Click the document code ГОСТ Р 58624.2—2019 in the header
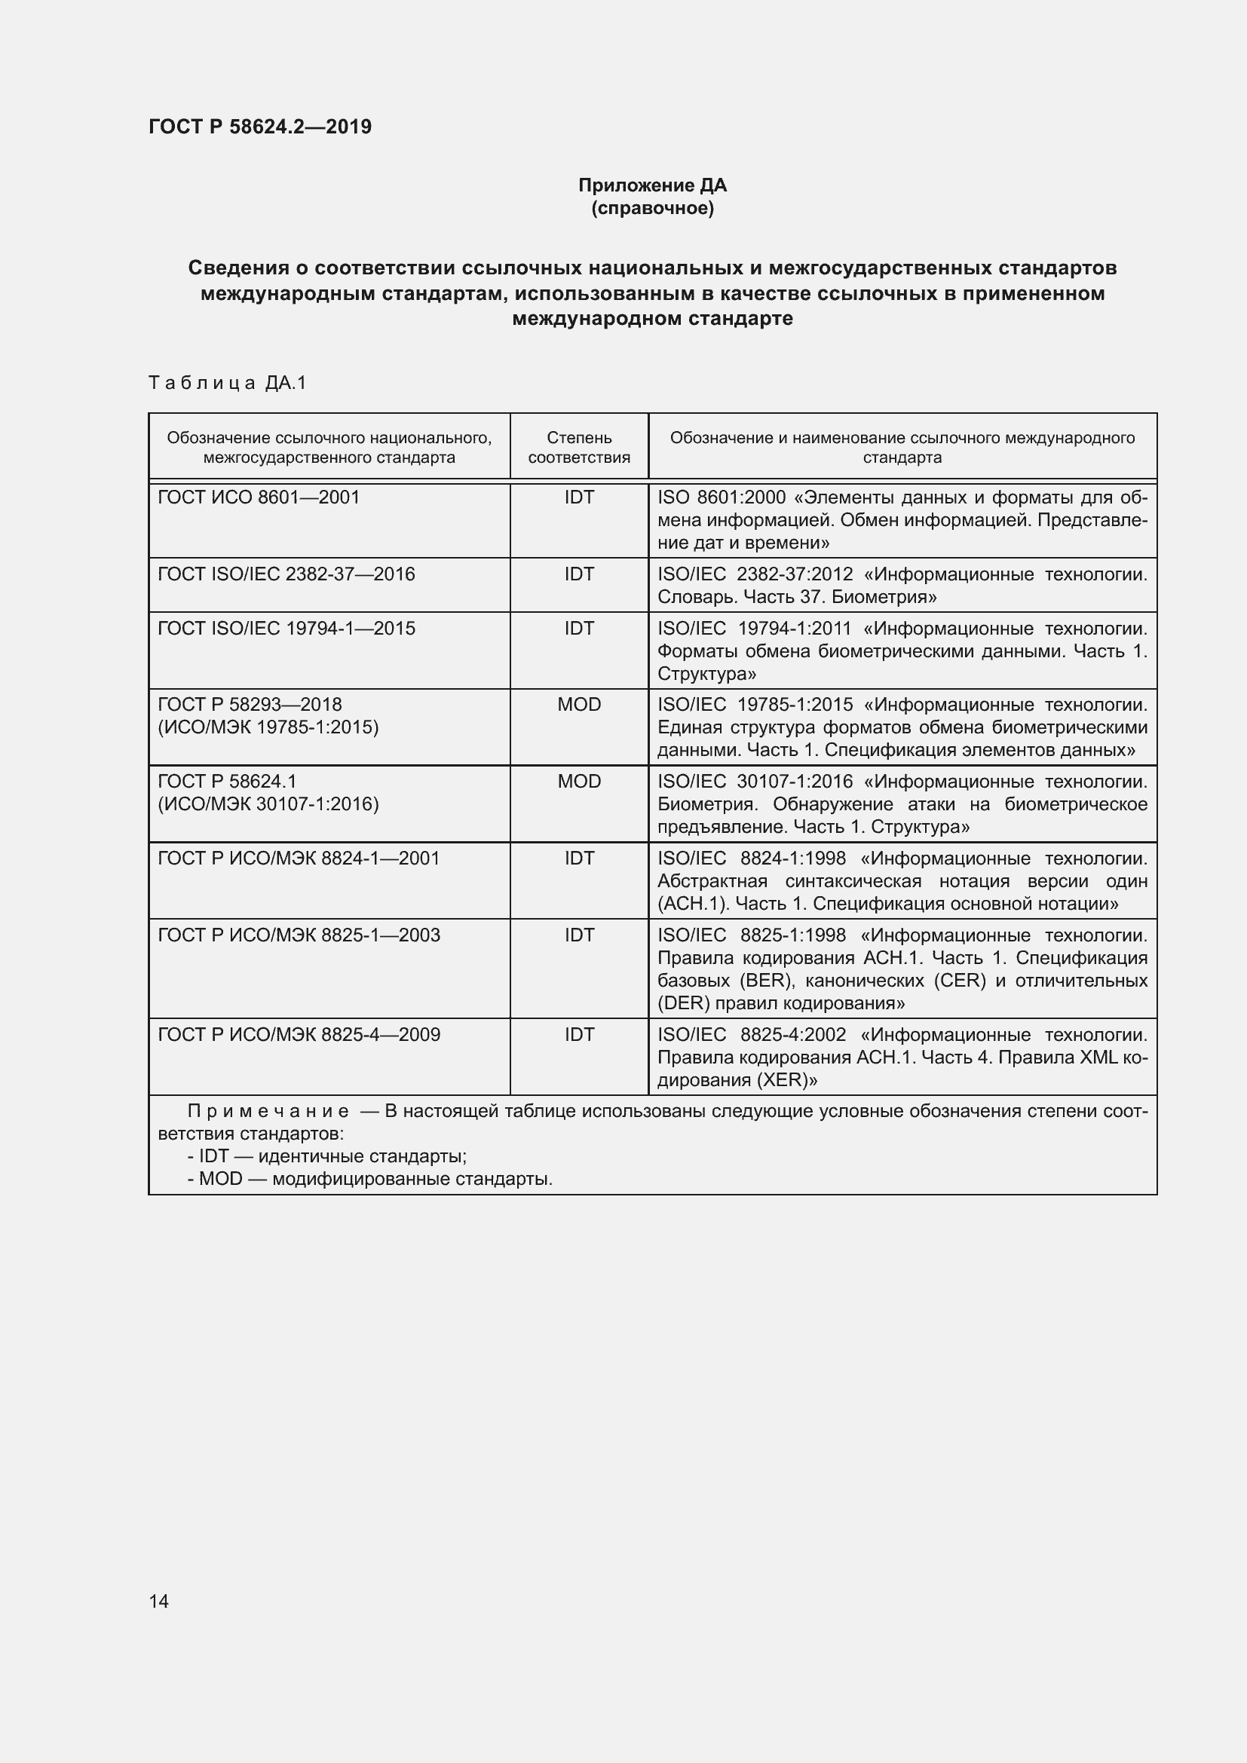(x=259, y=127)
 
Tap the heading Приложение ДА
(x=652, y=185)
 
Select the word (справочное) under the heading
(x=652, y=208)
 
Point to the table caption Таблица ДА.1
(x=227, y=382)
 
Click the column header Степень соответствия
(x=579, y=447)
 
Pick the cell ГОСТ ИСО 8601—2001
(x=259, y=497)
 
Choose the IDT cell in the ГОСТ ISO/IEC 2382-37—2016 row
(x=579, y=574)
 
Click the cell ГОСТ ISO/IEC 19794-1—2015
(x=286, y=628)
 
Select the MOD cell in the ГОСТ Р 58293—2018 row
(x=579, y=704)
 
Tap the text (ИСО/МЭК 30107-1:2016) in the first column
(x=268, y=804)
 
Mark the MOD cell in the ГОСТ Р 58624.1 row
(x=579, y=781)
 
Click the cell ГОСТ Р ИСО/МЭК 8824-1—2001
(x=299, y=858)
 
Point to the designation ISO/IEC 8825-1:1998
(x=752, y=935)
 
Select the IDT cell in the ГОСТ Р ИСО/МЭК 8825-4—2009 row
(x=579, y=1034)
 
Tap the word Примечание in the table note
(x=268, y=1111)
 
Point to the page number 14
(x=159, y=1601)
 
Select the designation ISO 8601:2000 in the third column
(x=721, y=497)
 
